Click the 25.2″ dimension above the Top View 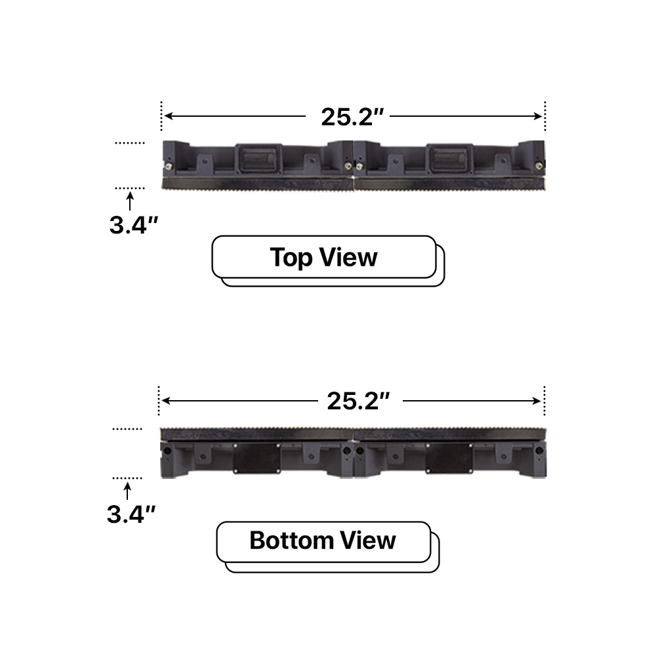click(352, 117)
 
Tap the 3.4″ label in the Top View click(133, 225)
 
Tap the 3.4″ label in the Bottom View click(131, 513)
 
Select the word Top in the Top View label click(291, 257)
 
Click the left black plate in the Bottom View click(256, 457)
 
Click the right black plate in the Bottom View click(448, 457)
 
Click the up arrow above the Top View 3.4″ click(129, 199)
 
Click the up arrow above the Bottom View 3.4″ click(127, 489)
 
